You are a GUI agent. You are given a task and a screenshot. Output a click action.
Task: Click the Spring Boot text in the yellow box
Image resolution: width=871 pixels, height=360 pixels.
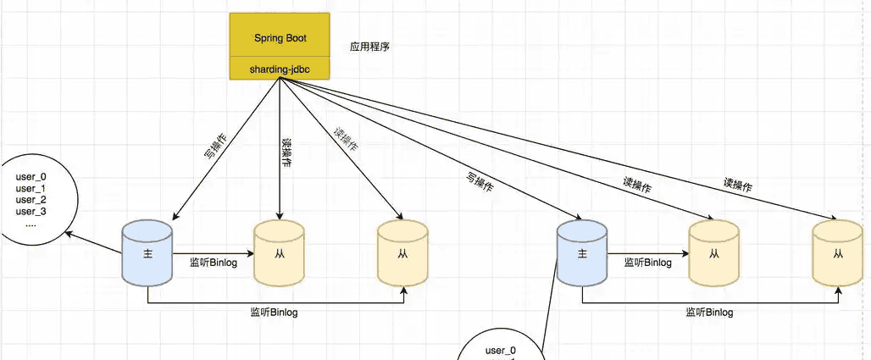[280, 38]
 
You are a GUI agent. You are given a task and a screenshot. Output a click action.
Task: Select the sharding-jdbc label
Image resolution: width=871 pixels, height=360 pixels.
[280, 69]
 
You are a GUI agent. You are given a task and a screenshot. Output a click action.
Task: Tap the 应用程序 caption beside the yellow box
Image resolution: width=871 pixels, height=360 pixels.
[369, 47]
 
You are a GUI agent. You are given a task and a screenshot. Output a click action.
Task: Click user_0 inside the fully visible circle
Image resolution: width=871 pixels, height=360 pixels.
[31, 177]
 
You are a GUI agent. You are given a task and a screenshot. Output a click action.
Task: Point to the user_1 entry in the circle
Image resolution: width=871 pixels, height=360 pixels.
[31, 188]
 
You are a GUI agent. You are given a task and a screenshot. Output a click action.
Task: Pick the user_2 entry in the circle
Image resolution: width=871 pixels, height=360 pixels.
[31, 200]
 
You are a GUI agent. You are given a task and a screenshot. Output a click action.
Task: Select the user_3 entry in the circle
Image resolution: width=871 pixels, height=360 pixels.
[31, 211]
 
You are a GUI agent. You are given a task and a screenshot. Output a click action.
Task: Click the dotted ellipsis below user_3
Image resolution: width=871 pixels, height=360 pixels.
[31, 224]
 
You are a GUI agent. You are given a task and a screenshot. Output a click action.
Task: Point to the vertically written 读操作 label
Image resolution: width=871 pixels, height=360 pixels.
[286, 152]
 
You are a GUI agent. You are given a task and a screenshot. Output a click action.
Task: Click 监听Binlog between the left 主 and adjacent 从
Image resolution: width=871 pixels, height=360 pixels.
[213, 263]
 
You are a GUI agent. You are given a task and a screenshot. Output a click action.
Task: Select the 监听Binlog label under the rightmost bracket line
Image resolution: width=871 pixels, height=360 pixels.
[709, 313]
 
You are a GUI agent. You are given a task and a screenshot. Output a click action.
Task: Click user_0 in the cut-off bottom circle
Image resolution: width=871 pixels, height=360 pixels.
[500, 351]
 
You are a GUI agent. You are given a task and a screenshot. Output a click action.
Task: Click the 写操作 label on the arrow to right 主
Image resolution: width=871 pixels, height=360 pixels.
[480, 183]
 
